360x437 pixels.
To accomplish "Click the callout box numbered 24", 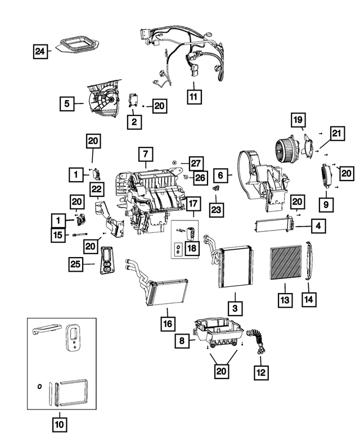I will pos(39,52).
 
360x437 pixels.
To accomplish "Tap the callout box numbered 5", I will pos(67,103).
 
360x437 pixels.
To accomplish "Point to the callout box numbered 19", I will pos(298,120).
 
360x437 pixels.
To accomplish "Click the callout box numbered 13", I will pos(285,300).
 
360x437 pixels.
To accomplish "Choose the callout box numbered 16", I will pos(167,324).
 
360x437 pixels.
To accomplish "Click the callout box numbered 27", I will pos(195,163).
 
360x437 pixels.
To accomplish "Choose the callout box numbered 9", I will pos(325,201).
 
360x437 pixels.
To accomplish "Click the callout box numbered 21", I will pos(337,133).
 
